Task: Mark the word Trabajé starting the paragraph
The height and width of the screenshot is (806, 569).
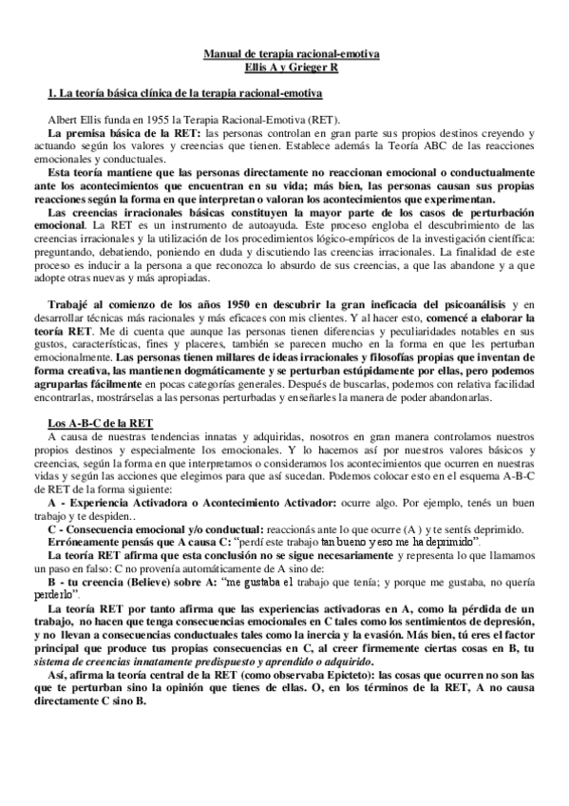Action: click(76, 276)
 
